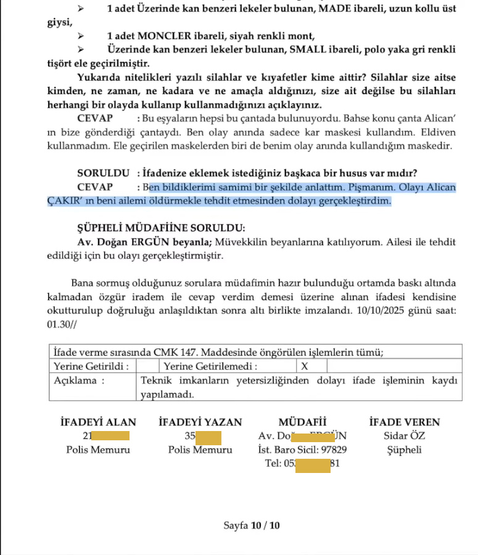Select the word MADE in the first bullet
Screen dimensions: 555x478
[331, 9]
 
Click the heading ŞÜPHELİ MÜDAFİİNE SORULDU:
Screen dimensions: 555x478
[161, 227]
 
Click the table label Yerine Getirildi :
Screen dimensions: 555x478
[91, 366]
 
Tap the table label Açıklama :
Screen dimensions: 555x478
[79, 380]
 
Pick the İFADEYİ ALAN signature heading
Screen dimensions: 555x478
[98, 422]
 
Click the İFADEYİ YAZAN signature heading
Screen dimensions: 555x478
[200, 422]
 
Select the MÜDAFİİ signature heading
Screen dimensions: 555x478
[302, 422]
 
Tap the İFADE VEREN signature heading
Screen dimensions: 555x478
[404, 422]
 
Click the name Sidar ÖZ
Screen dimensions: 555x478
[404, 437]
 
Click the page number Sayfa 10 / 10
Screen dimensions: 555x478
[252, 526]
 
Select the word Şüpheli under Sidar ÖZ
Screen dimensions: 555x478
[404, 450]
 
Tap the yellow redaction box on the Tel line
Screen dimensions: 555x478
[313, 464]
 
